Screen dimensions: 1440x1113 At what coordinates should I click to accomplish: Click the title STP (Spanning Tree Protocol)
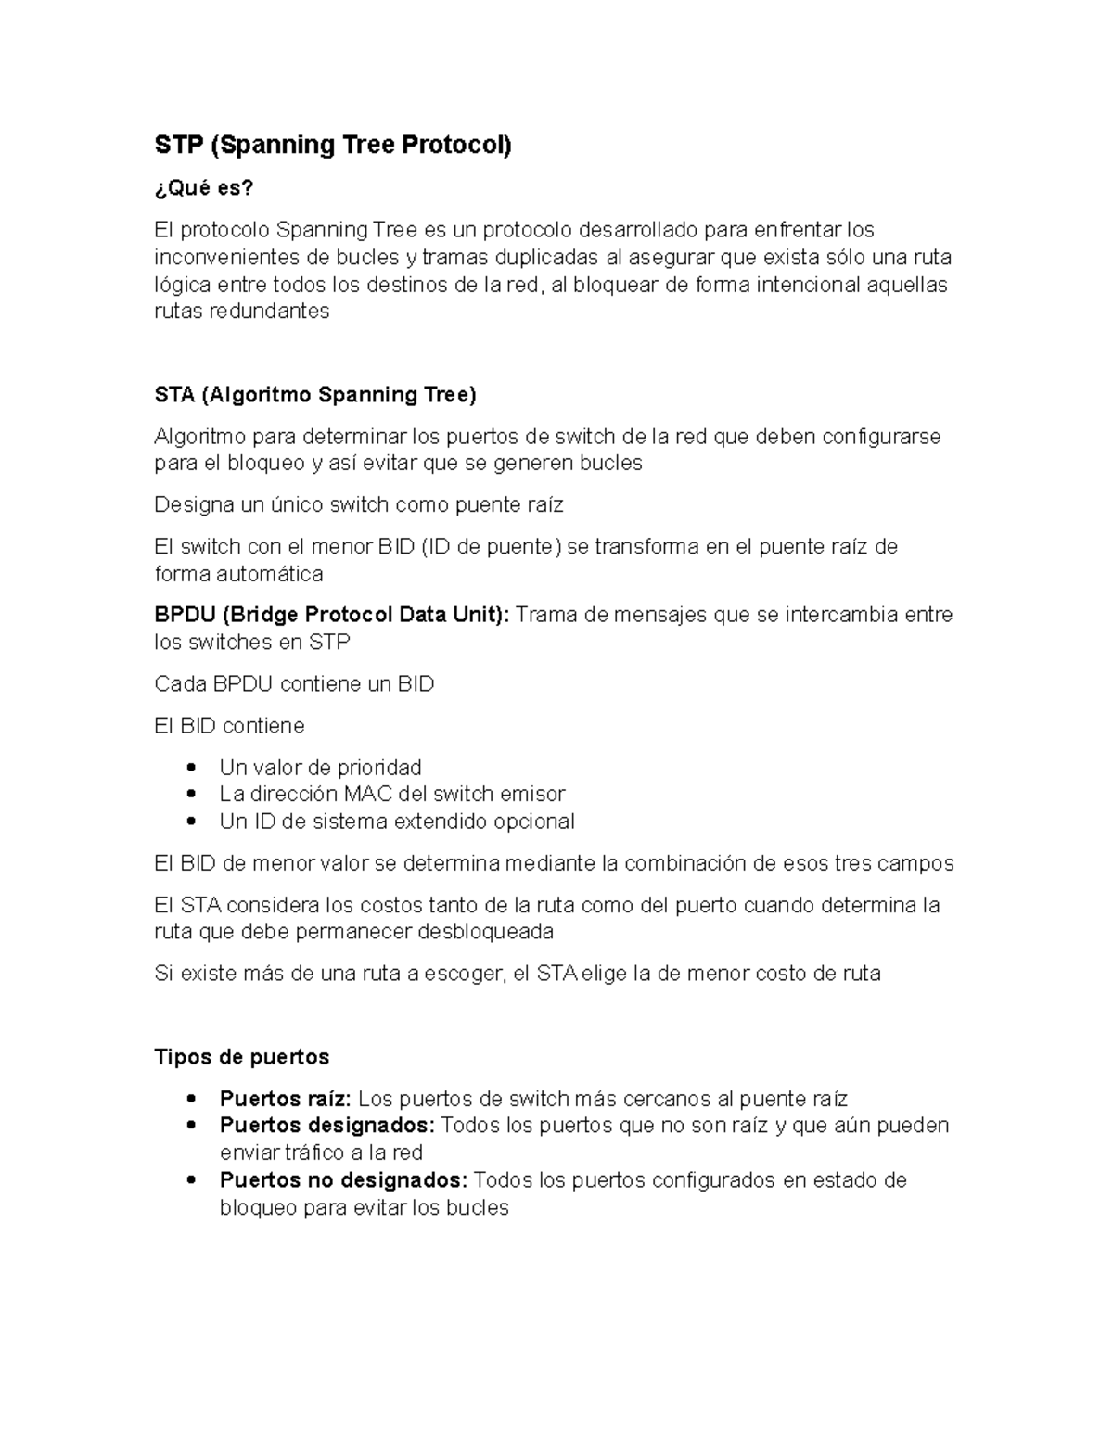(333, 146)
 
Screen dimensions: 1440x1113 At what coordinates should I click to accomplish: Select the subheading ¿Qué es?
(203, 188)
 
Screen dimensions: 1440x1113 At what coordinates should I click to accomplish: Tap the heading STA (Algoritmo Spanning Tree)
(314, 395)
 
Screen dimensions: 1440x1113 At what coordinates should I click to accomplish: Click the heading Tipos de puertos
(241, 1057)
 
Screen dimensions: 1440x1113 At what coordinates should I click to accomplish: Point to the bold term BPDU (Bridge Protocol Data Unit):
(331, 615)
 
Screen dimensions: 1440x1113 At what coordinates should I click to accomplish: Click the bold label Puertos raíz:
(285, 1100)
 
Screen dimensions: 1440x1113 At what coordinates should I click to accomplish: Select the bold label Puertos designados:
(326, 1126)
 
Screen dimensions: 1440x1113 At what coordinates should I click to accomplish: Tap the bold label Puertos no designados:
(343, 1180)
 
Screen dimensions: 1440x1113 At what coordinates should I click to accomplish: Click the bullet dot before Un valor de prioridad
(191, 768)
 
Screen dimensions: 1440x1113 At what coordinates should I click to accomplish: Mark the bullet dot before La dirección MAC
(191, 794)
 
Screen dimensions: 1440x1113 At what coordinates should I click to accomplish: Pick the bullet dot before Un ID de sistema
(191, 822)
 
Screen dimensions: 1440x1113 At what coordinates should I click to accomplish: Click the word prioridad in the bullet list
(379, 768)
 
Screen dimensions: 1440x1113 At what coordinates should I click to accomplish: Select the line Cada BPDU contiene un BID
(294, 684)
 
